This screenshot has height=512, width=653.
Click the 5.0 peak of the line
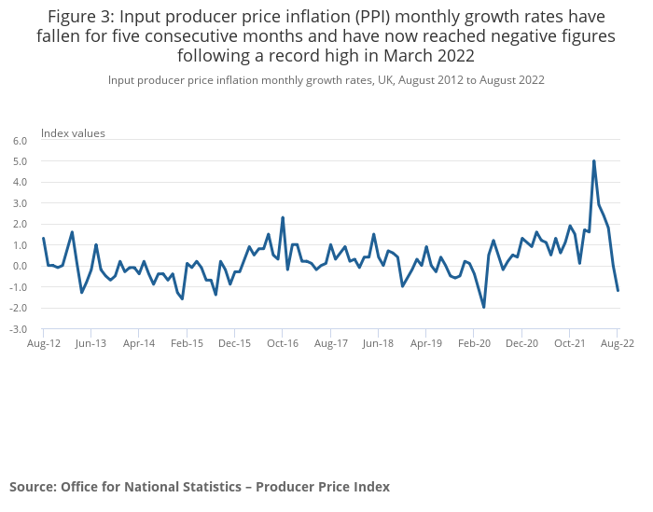(x=593, y=160)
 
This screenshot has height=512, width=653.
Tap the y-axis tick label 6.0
(x=21, y=140)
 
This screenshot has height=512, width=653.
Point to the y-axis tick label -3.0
(x=20, y=329)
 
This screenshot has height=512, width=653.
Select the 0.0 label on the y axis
(x=21, y=266)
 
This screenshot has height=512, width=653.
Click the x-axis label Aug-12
(x=43, y=343)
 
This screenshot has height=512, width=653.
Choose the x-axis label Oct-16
(x=282, y=343)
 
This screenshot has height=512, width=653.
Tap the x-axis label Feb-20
(x=474, y=343)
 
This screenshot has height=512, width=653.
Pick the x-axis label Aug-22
(x=618, y=343)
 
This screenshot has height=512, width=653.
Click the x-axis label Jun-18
(x=378, y=343)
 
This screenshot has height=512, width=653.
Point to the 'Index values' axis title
(x=73, y=132)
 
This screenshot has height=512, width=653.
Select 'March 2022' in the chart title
(x=424, y=55)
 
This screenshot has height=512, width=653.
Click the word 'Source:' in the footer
(x=33, y=487)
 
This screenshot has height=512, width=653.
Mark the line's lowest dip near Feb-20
(x=484, y=307)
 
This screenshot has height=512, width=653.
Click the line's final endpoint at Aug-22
(x=618, y=290)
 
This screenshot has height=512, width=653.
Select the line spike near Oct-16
(x=283, y=217)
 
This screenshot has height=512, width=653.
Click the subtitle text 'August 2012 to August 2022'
(x=471, y=80)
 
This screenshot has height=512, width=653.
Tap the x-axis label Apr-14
(x=139, y=343)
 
